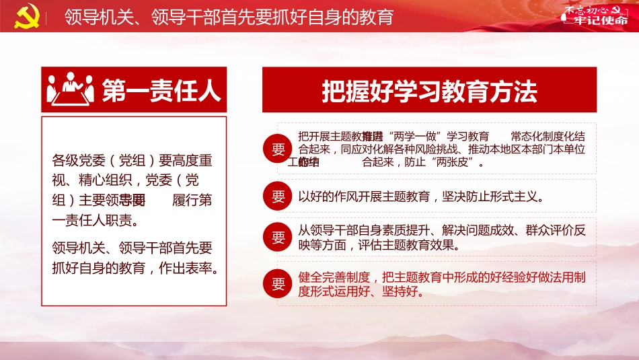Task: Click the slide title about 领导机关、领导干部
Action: tap(229, 16)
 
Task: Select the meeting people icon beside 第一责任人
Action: tap(70, 89)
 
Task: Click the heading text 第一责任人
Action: tap(161, 90)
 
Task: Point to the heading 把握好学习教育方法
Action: tap(429, 91)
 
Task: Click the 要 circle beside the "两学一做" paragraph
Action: tap(278, 149)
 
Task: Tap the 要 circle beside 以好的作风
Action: tap(278, 196)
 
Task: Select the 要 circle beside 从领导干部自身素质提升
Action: tap(278, 238)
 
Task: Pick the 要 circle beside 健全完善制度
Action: tap(278, 284)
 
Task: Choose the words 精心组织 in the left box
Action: tap(110, 180)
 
